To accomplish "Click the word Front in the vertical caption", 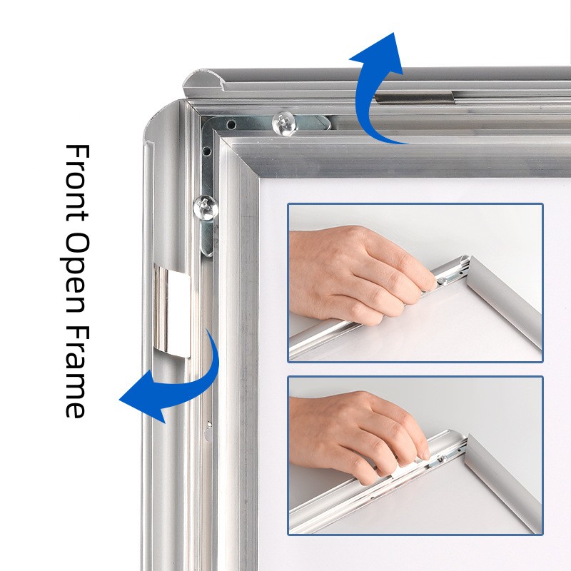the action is pyautogui.click(x=77, y=183).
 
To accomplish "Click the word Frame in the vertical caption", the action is pyautogui.click(x=77, y=372).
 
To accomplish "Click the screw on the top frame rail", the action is pyautogui.click(x=284, y=123).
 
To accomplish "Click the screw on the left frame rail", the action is pyautogui.click(x=206, y=208).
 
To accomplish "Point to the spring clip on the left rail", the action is pyautogui.click(x=172, y=310).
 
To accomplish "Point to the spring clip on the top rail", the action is pyautogui.click(x=415, y=98).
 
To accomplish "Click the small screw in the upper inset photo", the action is pyautogui.click(x=442, y=281).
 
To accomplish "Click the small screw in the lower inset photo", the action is pyautogui.click(x=443, y=458).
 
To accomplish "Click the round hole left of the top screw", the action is pyautogui.click(x=231, y=125).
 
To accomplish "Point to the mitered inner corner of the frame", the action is pyautogui.click(x=259, y=178).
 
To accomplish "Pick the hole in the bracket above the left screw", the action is pyautogui.click(x=206, y=151).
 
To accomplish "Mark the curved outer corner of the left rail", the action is pyautogui.click(x=160, y=116).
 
